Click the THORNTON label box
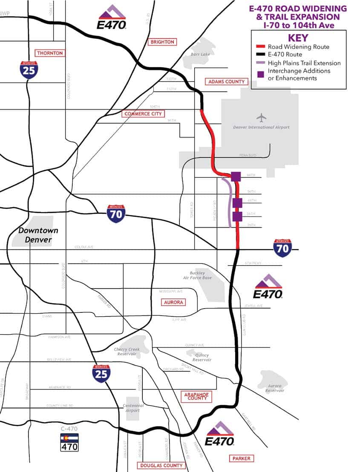point(50,53)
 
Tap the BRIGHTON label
point(162,42)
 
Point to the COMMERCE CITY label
point(143,114)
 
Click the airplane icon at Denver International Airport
point(261,117)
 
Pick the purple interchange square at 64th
point(236,176)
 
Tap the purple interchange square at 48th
point(237,203)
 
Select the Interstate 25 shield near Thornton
point(29,70)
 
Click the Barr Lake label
point(201,54)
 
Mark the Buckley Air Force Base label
point(197,275)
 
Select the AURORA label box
point(173,302)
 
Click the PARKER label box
point(241,458)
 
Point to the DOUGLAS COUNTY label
point(161,466)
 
